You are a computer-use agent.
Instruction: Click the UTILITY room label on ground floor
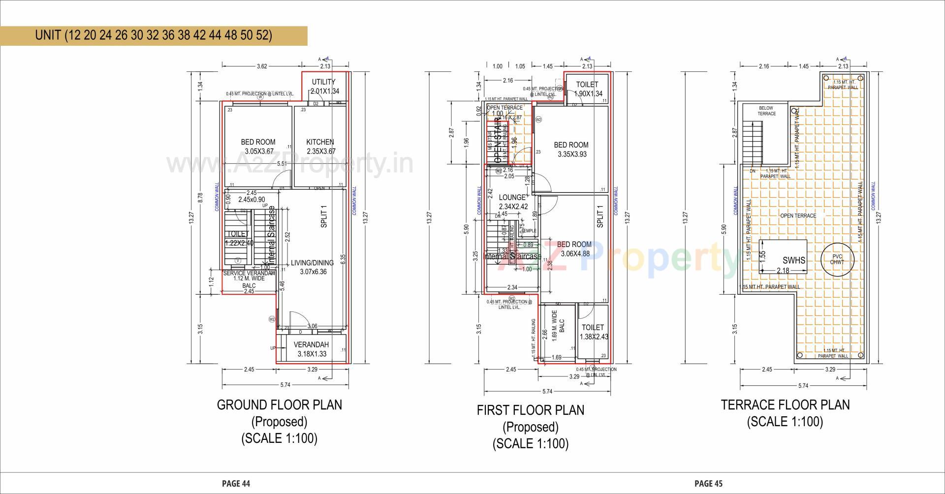pyautogui.click(x=324, y=82)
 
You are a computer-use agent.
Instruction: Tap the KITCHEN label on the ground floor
pyautogui.click(x=320, y=142)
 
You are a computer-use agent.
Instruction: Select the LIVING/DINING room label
pyautogui.click(x=312, y=263)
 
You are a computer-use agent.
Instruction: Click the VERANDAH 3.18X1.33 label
pyautogui.click(x=311, y=345)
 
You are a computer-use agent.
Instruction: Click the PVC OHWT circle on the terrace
pyautogui.click(x=837, y=259)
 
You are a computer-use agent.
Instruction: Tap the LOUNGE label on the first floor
pyautogui.click(x=512, y=197)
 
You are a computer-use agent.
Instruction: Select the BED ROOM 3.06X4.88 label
pyautogui.click(x=574, y=245)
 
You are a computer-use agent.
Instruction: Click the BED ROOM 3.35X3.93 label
pyautogui.click(x=571, y=145)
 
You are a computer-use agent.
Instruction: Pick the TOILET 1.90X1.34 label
pyautogui.click(x=587, y=85)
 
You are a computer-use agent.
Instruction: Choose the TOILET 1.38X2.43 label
pyautogui.click(x=593, y=328)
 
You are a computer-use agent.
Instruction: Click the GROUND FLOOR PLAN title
pyautogui.click(x=279, y=405)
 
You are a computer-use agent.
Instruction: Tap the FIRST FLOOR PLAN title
pyautogui.click(x=530, y=410)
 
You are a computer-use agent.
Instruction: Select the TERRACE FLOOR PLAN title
pyautogui.click(x=785, y=405)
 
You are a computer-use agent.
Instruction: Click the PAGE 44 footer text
pyautogui.click(x=236, y=484)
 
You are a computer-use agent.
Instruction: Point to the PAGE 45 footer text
pyautogui.click(x=708, y=484)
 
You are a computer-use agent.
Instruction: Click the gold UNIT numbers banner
pyautogui.click(x=153, y=35)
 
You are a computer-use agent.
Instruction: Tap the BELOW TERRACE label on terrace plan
pyautogui.click(x=766, y=111)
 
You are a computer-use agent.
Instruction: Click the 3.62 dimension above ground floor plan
pyautogui.click(x=262, y=66)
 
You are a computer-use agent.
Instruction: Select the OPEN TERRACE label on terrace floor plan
pyautogui.click(x=798, y=216)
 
